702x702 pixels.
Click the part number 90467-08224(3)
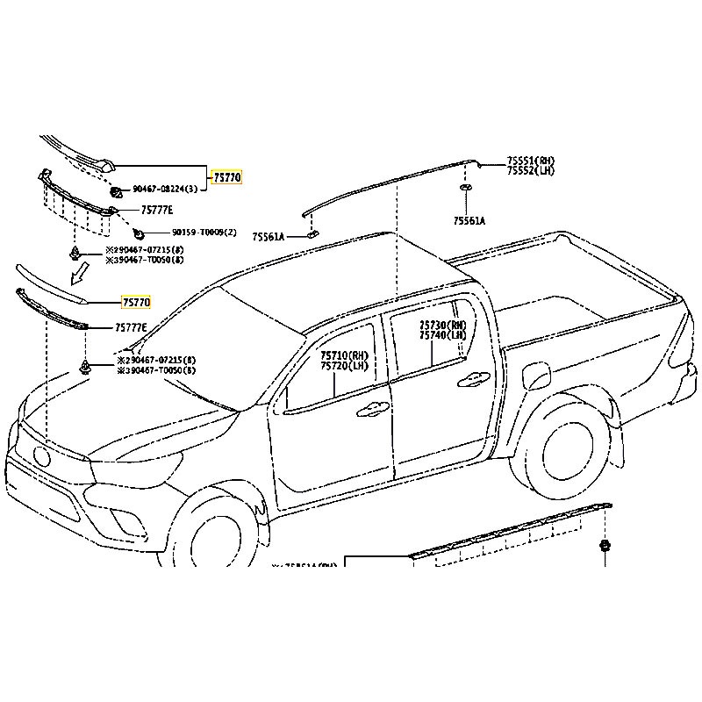164,190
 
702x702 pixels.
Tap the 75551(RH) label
531,161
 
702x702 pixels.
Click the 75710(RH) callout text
344,355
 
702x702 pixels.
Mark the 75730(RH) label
442,326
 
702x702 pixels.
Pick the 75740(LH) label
442,335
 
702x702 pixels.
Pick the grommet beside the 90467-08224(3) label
115,191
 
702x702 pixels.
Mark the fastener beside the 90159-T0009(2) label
139,233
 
